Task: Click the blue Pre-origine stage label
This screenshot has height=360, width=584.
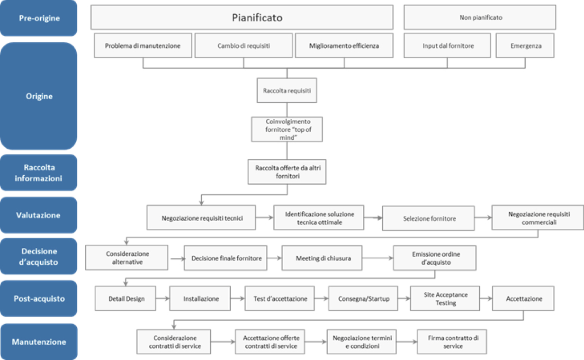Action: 39,18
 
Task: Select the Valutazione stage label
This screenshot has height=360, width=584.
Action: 39,215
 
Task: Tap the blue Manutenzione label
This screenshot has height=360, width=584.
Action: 39,342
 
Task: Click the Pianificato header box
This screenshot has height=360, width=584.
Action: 242,18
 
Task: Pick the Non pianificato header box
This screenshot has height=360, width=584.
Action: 480,18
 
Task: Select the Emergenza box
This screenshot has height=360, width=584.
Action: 525,46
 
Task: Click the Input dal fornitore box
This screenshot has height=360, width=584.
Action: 448,46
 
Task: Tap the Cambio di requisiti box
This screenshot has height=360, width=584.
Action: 244,46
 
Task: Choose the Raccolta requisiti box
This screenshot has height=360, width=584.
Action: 287,90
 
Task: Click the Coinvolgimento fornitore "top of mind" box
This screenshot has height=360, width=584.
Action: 287,129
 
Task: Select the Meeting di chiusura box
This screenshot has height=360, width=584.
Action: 322,258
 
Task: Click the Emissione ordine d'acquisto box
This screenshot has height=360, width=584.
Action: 434,258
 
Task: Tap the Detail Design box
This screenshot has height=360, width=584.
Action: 126,299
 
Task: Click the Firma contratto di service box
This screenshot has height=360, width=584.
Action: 452,342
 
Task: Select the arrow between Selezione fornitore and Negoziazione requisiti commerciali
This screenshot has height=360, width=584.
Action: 483,218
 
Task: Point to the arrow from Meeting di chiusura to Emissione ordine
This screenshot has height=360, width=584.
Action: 378,259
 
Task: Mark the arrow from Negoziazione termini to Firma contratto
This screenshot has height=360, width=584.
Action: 407,342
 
